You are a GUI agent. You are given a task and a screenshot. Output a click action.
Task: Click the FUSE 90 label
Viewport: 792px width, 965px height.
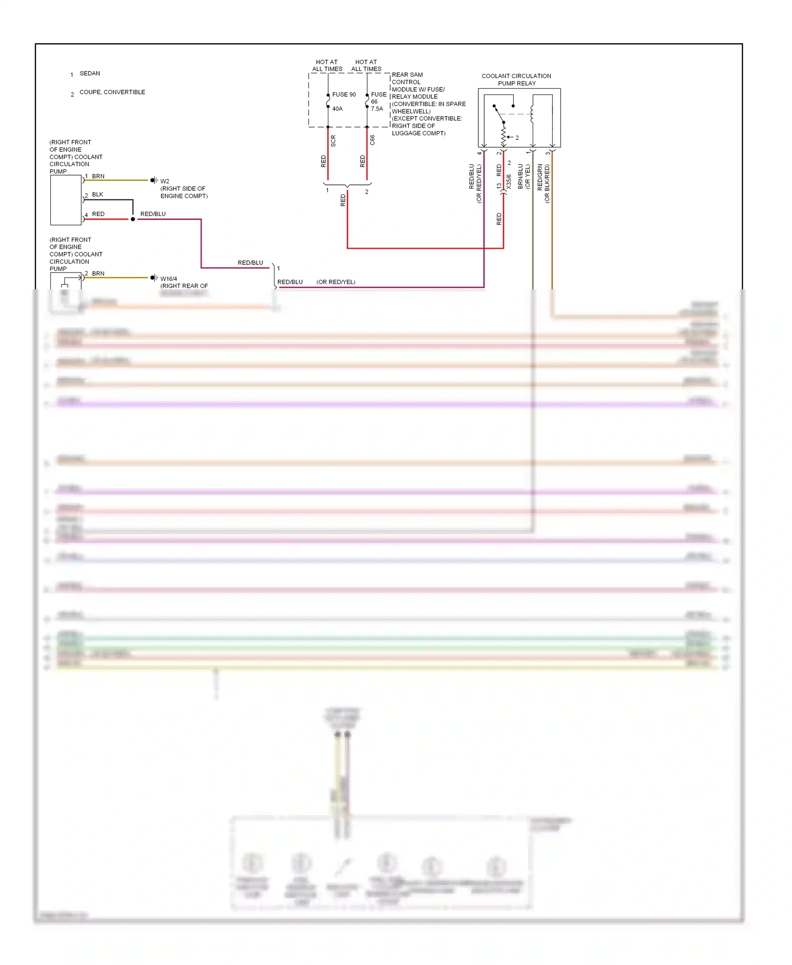coord(344,94)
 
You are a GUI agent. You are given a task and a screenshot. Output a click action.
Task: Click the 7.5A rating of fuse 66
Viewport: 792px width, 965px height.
coord(376,109)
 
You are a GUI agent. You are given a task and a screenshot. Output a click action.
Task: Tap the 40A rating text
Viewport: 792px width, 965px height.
coord(337,109)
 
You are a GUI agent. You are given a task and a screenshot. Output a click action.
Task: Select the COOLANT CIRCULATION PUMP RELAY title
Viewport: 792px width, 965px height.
coord(516,80)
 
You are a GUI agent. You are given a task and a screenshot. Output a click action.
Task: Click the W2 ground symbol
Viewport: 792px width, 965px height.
coord(154,181)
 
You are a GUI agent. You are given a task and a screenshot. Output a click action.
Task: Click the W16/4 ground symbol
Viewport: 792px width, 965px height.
coord(154,278)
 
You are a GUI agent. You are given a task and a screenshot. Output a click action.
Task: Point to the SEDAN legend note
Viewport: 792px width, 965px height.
coord(89,73)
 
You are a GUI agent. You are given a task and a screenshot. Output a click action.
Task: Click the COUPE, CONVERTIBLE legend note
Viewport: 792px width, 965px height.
coord(112,92)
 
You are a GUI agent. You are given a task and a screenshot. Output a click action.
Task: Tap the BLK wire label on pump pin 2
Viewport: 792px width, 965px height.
coord(98,194)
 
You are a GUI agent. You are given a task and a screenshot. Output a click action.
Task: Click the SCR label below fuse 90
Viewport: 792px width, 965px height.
coord(333,141)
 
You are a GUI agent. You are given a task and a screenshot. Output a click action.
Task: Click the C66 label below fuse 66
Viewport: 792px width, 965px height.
coord(372,140)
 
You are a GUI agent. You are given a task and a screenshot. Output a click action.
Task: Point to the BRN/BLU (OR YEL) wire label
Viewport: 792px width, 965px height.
coord(524,176)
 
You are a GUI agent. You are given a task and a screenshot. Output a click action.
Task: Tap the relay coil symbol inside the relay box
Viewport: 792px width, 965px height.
coord(532,114)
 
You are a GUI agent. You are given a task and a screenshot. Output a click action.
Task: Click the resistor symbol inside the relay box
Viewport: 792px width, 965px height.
coord(504,135)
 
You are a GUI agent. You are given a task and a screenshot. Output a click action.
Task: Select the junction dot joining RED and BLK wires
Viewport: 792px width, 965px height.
coord(133,219)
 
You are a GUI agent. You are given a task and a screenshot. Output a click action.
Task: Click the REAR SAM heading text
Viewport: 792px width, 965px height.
coord(407,74)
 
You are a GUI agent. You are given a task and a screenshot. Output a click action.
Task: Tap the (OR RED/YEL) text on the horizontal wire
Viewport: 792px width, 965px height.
coord(336,282)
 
